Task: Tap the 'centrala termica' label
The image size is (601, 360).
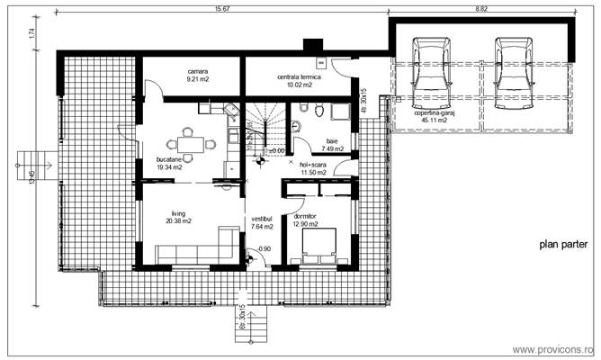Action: coord(294,79)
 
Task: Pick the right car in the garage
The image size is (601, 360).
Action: coord(512,68)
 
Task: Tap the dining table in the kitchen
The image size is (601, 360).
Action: coord(189,142)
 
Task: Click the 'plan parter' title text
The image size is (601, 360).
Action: coord(563,243)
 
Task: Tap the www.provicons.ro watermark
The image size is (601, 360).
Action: coord(553,349)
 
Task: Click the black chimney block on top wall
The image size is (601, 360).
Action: coord(313,45)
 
